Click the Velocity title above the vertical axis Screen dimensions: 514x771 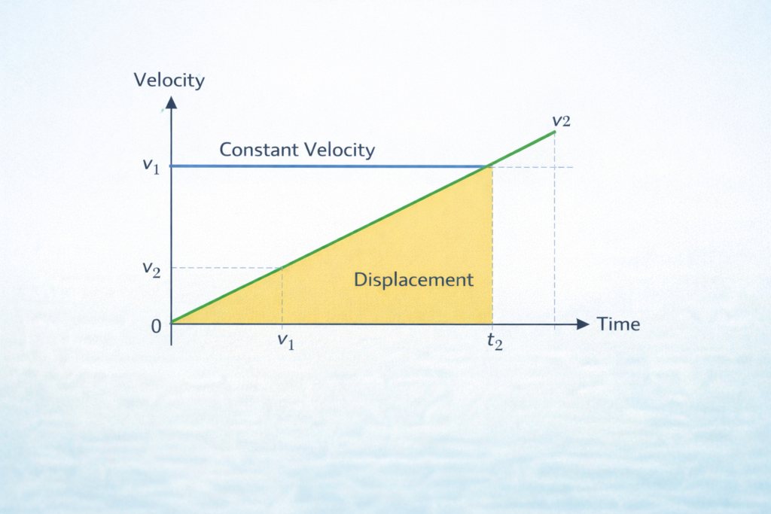(x=169, y=80)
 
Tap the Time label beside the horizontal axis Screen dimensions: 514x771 (x=618, y=324)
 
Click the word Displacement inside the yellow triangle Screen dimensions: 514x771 (x=413, y=280)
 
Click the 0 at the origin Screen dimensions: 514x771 (x=157, y=325)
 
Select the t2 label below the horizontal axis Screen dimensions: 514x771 (x=493, y=342)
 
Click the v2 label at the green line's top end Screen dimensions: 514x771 (x=561, y=120)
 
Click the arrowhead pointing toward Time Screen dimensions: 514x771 (x=582, y=324)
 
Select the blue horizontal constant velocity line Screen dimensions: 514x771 (x=331, y=166)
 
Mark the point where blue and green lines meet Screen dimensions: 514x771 (x=490, y=166)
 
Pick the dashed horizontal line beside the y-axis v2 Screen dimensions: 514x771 (x=226, y=267)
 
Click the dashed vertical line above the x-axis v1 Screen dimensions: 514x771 (x=282, y=297)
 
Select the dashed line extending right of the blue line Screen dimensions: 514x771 (x=535, y=166)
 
